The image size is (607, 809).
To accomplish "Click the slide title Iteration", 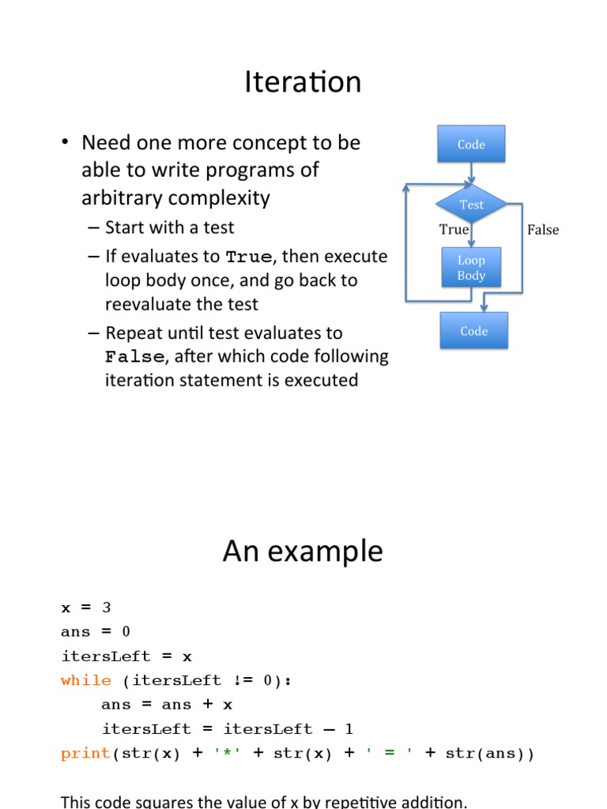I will click(303, 82).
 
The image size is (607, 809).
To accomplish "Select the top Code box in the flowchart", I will click(471, 145).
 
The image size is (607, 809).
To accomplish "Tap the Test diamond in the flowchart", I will click(471, 205).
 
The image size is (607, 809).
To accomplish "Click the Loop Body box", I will click(471, 268).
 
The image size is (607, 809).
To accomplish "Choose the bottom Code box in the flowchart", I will click(473, 331).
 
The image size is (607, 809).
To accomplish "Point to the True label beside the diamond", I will click(454, 230).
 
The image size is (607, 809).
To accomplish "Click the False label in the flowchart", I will click(543, 230).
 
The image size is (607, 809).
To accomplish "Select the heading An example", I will click(303, 551).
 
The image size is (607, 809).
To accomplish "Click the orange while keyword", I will click(86, 680).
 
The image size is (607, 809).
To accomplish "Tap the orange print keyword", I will click(86, 754).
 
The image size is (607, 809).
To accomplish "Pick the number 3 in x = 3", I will click(107, 608).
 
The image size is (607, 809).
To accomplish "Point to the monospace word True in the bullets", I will click(248, 258).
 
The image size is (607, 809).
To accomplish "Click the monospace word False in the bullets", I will click(135, 357).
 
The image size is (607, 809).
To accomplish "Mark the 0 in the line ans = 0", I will click(126, 632).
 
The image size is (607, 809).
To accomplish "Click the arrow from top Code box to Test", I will click(472, 173).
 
